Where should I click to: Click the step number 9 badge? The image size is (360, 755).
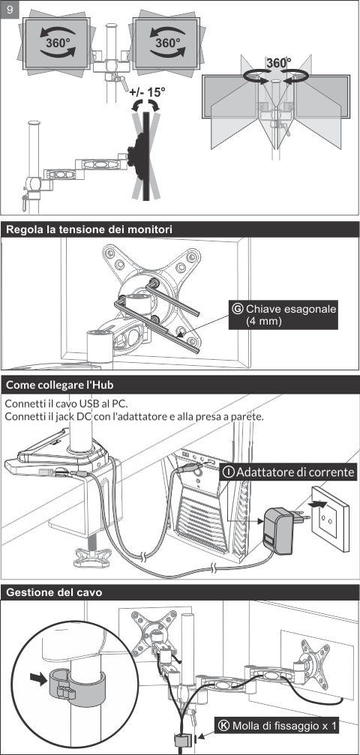click(10, 10)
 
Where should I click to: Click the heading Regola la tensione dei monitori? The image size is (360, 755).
click(88, 229)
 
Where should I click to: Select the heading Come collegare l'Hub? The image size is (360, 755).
click(60, 385)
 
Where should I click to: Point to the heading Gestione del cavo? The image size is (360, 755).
click(54, 592)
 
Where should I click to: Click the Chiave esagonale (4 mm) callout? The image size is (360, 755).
click(283, 314)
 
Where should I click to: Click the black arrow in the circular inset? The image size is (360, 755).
click(38, 678)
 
